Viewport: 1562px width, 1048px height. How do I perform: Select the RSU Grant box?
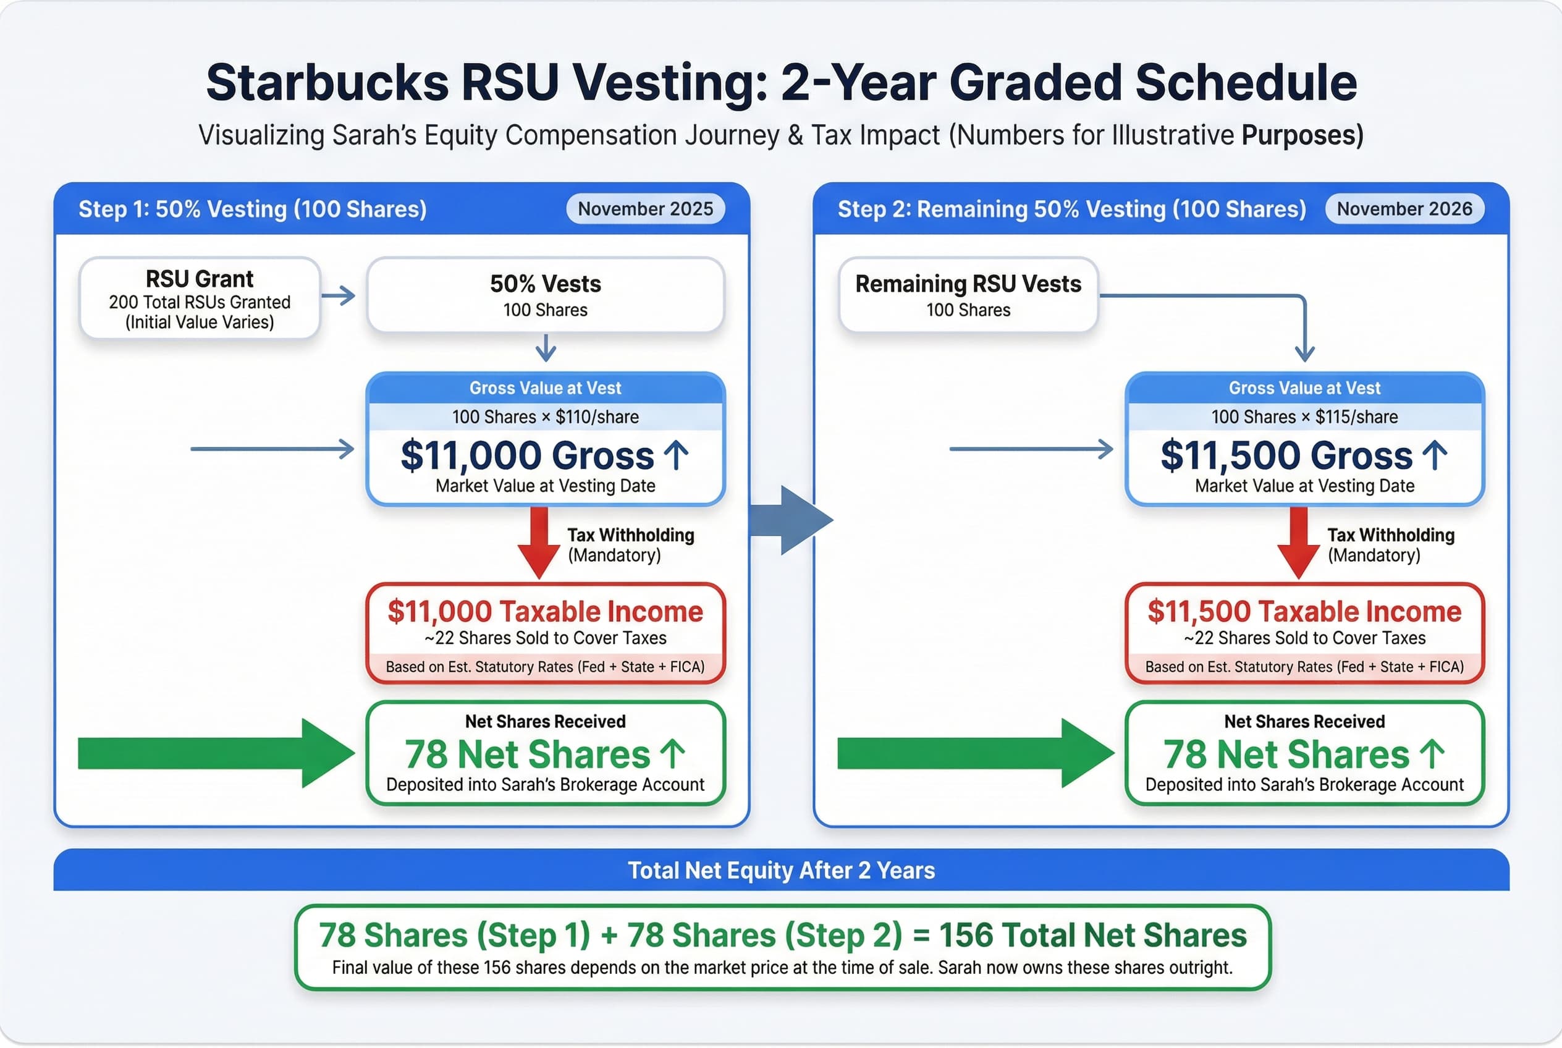pos(199,298)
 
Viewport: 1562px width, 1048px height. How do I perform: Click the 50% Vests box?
pos(546,295)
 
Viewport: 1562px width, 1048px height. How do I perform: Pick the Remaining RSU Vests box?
pos(968,295)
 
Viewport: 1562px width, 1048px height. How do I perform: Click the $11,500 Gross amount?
pos(1286,456)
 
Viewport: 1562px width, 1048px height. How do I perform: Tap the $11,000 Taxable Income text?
pos(546,612)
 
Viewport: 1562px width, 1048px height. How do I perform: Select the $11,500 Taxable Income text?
pos(1304,612)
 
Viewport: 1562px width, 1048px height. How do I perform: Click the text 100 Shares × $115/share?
pos(1304,417)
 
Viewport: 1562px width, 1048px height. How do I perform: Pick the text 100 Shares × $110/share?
pos(546,417)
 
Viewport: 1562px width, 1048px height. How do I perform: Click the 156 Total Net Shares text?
pos(1093,935)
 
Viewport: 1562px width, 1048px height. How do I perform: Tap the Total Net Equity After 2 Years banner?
pos(780,870)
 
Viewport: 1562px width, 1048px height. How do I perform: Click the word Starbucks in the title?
pos(327,83)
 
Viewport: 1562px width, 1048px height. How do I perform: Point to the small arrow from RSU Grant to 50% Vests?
pos(338,295)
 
